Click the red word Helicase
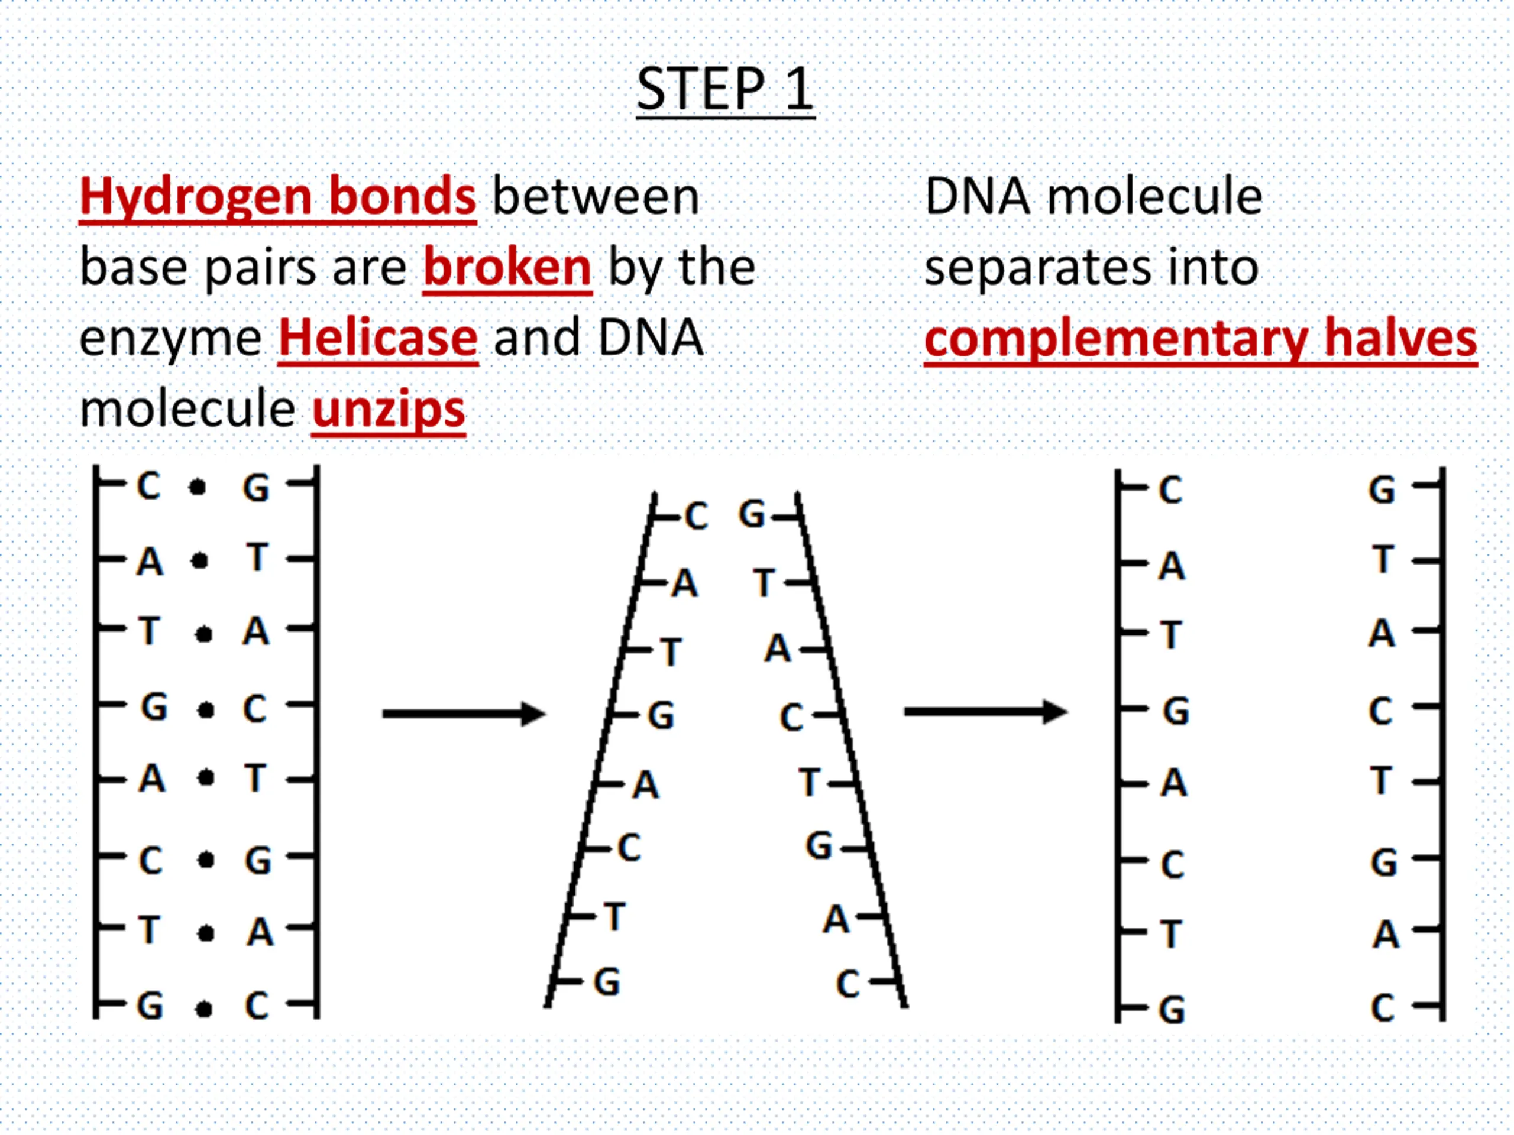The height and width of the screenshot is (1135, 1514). coord(378,338)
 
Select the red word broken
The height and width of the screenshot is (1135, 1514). coord(507,268)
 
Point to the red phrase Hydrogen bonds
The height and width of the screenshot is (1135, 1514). coord(277,196)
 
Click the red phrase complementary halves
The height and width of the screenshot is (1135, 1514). coord(1200,339)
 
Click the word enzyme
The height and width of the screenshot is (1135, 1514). coord(170,339)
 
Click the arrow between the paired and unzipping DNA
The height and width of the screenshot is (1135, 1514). coord(464,714)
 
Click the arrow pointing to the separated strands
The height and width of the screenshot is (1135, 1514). coord(986,712)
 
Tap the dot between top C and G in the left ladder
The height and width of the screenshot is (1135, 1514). coord(197,488)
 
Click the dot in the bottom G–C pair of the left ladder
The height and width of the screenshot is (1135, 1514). coord(203,1009)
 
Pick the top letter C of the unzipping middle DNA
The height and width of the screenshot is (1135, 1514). coord(696,517)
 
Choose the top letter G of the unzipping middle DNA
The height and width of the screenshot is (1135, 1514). coord(752,514)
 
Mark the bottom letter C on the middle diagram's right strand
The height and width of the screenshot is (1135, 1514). coord(847,984)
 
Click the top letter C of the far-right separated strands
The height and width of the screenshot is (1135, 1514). coord(1170,491)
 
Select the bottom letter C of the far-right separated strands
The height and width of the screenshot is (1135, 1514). coord(1383,1008)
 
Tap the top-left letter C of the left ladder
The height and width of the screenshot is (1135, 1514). coord(148,487)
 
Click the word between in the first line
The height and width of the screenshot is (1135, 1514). coord(596,197)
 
